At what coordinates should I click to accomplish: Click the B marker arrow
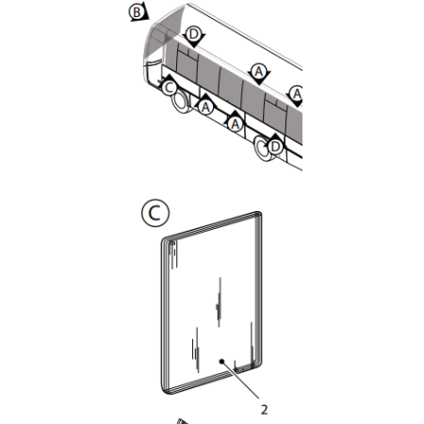tap(139, 12)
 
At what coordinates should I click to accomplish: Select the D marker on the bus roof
tap(194, 36)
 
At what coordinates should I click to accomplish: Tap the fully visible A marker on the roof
tap(259, 73)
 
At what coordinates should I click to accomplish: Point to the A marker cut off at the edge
tap(296, 95)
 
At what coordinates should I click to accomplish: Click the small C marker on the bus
tap(169, 86)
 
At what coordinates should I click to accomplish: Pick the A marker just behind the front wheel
tap(205, 106)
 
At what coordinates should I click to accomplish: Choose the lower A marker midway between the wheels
tap(235, 122)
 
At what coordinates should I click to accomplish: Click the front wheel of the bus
tap(181, 101)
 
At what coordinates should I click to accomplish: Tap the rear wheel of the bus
tap(263, 148)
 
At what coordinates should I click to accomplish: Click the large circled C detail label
tap(155, 213)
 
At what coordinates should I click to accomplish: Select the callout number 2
tap(264, 410)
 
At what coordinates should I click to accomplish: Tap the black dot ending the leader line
tap(221, 362)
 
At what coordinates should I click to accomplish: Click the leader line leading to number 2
tap(240, 381)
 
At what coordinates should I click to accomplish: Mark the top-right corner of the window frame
tap(259, 214)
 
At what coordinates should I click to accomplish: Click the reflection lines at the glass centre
tap(219, 302)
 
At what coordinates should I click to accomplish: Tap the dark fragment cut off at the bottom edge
tap(183, 421)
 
